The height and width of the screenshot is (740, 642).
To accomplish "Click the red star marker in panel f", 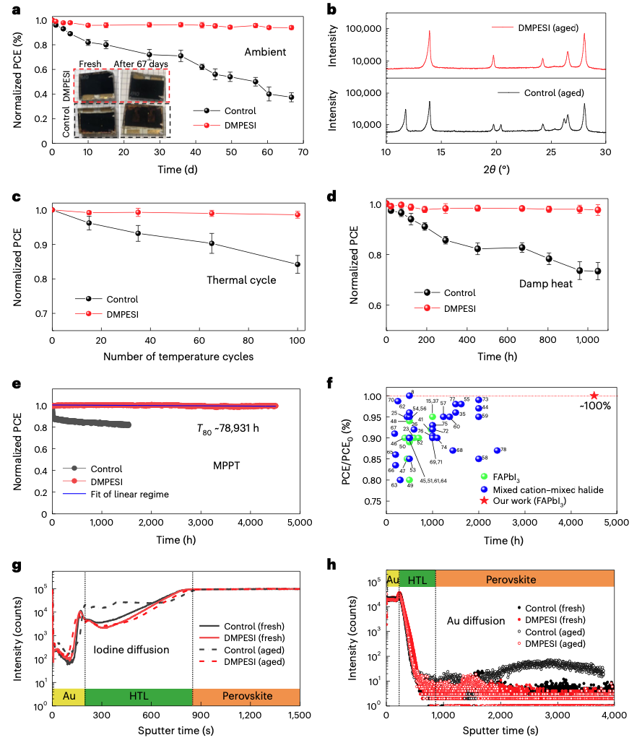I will click(594, 395).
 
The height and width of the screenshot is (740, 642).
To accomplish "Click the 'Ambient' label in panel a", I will click(265, 52).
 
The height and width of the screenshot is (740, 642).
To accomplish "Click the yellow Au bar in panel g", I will click(68, 696).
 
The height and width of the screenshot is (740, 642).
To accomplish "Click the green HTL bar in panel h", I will click(417, 579).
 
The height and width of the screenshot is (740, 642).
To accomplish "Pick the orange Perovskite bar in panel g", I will click(246, 696).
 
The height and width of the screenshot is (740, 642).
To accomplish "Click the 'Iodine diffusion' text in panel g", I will click(131, 650).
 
